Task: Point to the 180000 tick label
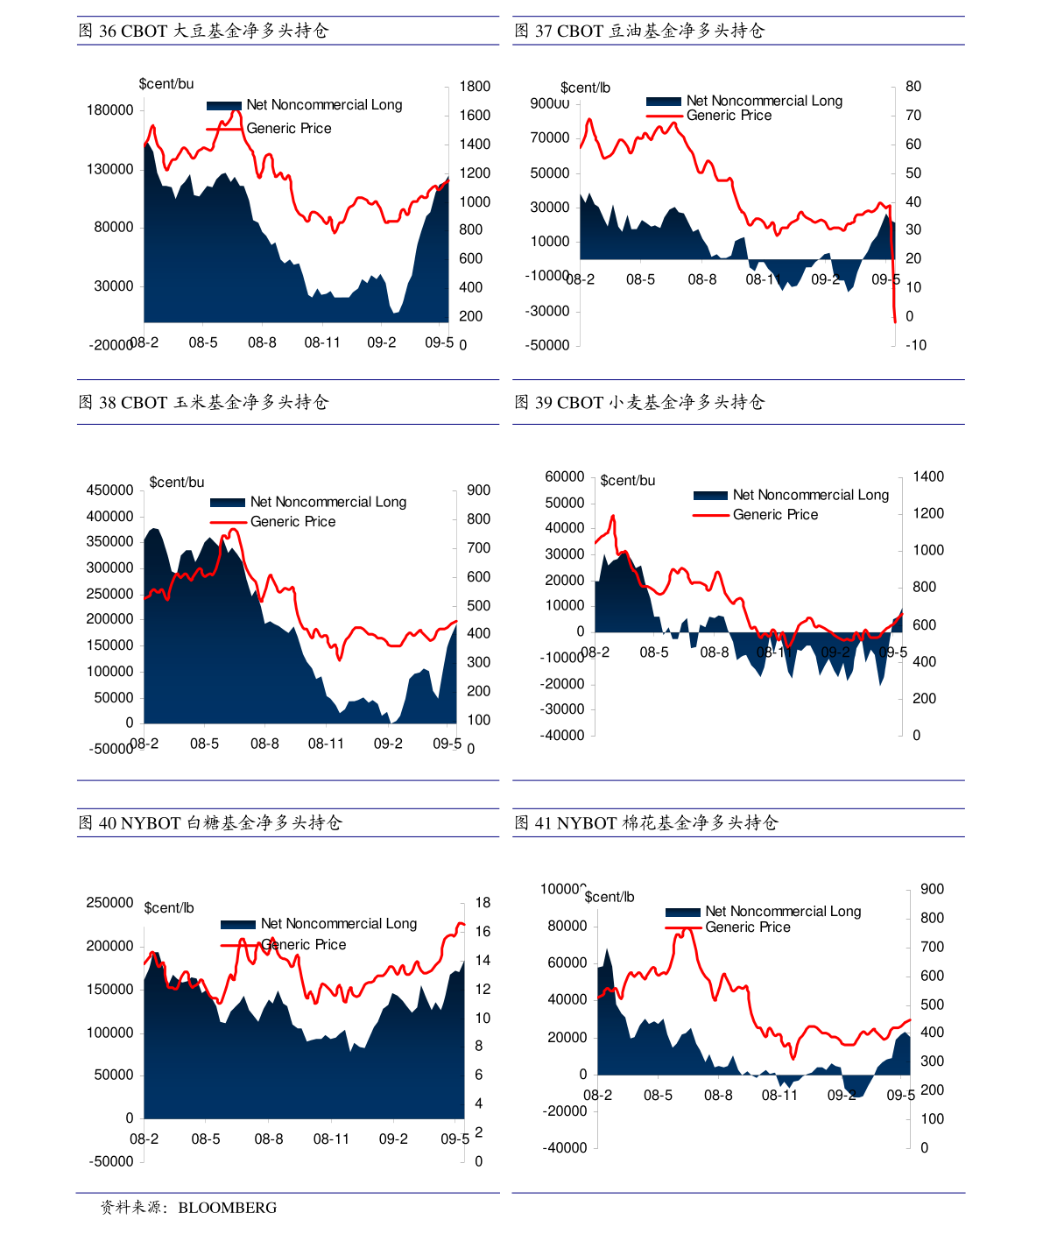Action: [x=110, y=110]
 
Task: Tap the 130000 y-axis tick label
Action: [x=110, y=169]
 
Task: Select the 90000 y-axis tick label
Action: [x=550, y=103]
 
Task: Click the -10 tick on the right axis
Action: [x=916, y=345]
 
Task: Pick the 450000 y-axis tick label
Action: [x=110, y=490]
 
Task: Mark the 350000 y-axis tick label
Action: [x=110, y=542]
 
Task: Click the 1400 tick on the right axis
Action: [x=928, y=477]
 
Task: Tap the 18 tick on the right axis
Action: [x=483, y=903]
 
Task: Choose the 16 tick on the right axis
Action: [x=483, y=932]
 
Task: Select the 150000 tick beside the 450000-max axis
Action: [x=110, y=645]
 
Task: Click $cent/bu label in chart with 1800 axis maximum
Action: [x=166, y=84]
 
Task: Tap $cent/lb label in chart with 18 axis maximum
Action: [x=169, y=907]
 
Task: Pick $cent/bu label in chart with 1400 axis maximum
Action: [x=628, y=481]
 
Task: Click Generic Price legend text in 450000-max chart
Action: [x=292, y=522]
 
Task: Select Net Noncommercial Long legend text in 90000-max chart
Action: [x=765, y=101]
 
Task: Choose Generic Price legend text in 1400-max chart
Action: [x=775, y=515]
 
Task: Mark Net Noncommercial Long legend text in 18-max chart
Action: [x=339, y=924]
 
